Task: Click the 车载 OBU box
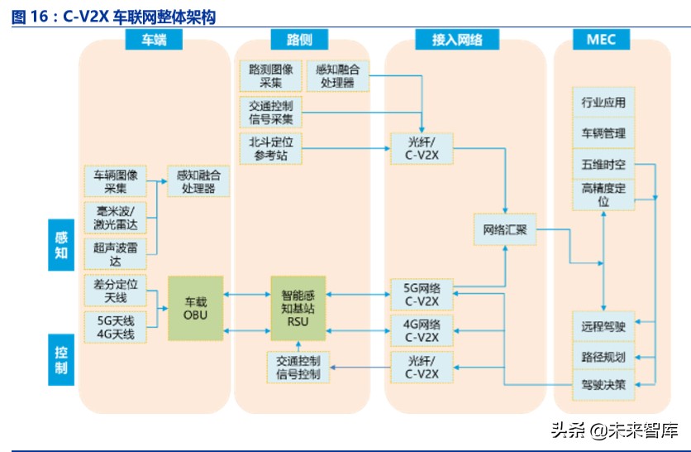[197, 308]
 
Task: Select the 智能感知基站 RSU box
[298, 307]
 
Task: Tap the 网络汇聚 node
[504, 229]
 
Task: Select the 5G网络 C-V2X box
[422, 295]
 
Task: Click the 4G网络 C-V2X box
[422, 329]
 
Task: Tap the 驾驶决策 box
[603, 384]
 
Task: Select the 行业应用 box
[603, 103]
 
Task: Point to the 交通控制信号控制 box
[298, 367]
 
